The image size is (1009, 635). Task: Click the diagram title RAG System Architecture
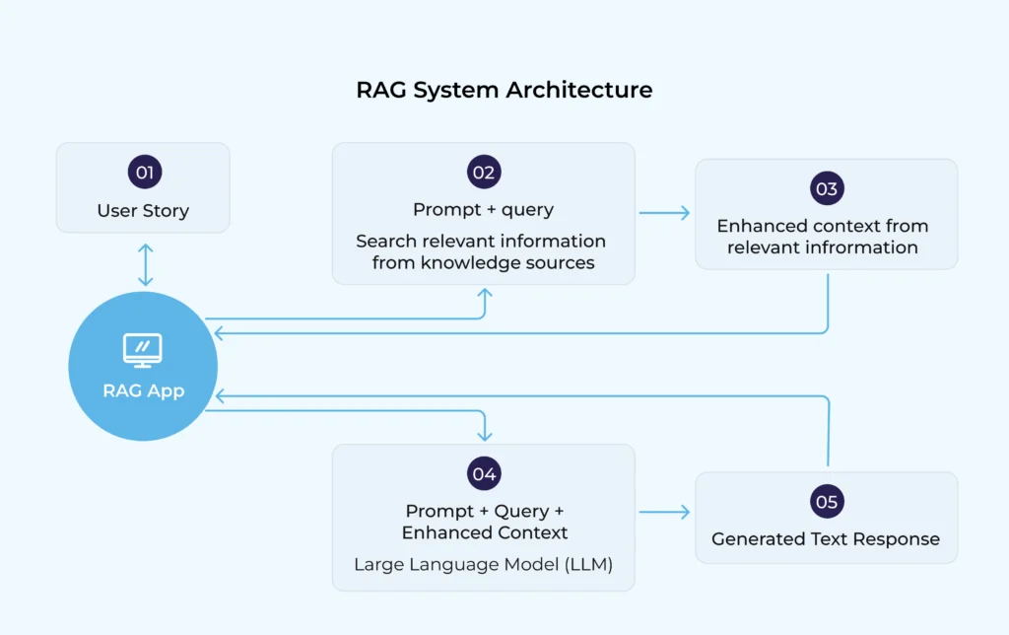(504, 90)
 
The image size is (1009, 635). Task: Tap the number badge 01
(144, 173)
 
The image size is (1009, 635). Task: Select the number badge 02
(483, 172)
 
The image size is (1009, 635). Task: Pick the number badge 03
(827, 188)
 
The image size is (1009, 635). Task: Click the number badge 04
(483, 473)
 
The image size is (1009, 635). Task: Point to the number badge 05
(827, 502)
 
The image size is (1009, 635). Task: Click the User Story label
(143, 210)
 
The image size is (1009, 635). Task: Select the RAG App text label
(143, 390)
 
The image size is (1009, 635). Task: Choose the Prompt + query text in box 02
(483, 209)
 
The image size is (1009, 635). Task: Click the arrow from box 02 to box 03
(664, 212)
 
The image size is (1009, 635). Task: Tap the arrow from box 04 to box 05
(664, 512)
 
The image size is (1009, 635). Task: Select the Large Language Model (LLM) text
(483, 565)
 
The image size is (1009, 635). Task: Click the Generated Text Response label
(826, 539)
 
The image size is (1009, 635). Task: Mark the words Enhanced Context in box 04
(485, 532)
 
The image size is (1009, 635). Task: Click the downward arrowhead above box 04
(484, 435)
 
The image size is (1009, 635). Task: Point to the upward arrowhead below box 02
(484, 294)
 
